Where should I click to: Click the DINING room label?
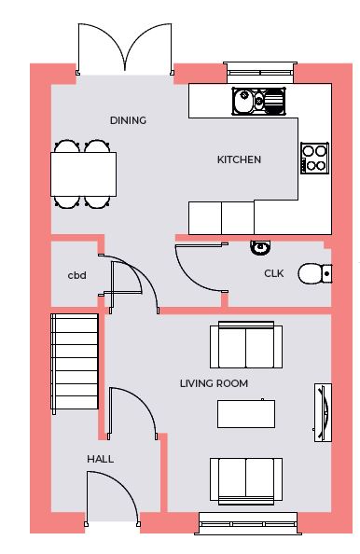tap(128, 120)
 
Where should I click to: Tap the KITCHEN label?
tap(239, 159)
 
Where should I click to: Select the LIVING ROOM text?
tap(214, 383)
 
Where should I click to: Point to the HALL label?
tap(101, 459)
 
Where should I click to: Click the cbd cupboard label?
tap(77, 275)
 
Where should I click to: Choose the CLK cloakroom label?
tap(274, 273)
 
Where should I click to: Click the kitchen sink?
tap(258, 101)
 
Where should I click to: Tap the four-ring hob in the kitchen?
tap(314, 158)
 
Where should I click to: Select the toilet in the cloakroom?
tap(315, 274)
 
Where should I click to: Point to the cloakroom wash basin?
tap(260, 247)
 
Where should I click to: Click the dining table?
tap(83, 174)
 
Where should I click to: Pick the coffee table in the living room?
tap(246, 414)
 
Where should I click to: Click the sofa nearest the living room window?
tap(246, 481)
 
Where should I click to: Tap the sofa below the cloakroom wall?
tap(246, 345)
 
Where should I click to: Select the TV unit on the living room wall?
tap(323, 412)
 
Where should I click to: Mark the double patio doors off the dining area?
tap(125, 49)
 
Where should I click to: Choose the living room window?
tap(248, 523)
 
